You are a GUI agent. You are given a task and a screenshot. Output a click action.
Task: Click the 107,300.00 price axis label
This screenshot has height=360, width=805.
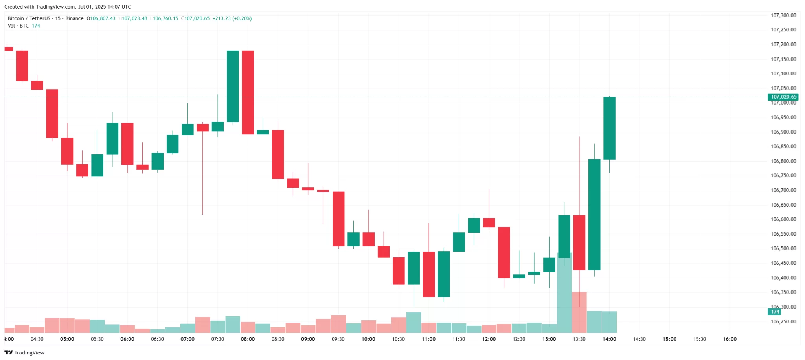[x=783, y=15]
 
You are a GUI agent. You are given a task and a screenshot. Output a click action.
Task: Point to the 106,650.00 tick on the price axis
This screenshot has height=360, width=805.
[x=783, y=205]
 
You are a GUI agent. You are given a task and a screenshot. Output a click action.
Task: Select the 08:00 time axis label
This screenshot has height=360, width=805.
[x=248, y=339]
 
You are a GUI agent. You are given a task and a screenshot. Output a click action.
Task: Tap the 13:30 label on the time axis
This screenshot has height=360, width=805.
[x=579, y=339]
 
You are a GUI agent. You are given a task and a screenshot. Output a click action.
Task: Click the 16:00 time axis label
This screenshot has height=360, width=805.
[x=730, y=339]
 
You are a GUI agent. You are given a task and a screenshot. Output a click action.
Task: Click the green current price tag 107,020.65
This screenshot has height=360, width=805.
[x=783, y=97]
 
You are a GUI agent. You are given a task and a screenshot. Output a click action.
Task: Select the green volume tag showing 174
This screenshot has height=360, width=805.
[x=775, y=312]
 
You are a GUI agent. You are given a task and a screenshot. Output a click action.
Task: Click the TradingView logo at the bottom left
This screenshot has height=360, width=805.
[x=24, y=353]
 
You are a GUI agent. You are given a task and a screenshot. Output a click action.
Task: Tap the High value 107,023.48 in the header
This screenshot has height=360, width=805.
[x=134, y=18]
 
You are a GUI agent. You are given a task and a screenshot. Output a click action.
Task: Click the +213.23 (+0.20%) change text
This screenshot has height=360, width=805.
[x=232, y=18]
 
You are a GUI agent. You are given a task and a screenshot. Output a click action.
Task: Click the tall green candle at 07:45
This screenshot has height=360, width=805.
[x=233, y=86]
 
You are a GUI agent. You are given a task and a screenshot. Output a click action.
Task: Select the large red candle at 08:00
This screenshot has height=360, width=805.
[x=248, y=92]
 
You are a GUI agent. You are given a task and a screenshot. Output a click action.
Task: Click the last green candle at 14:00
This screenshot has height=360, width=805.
[x=609, y=128]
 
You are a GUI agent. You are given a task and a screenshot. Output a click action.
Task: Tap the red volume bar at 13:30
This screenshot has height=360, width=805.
[x=579, y=312]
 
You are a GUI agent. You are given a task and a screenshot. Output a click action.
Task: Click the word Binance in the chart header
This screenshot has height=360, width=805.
[x=74, y=18]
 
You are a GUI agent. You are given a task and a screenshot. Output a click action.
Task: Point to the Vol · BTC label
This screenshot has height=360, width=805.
[x=18, y=26]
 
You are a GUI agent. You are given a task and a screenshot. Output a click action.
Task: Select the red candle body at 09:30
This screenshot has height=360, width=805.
[x=338, y=219]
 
